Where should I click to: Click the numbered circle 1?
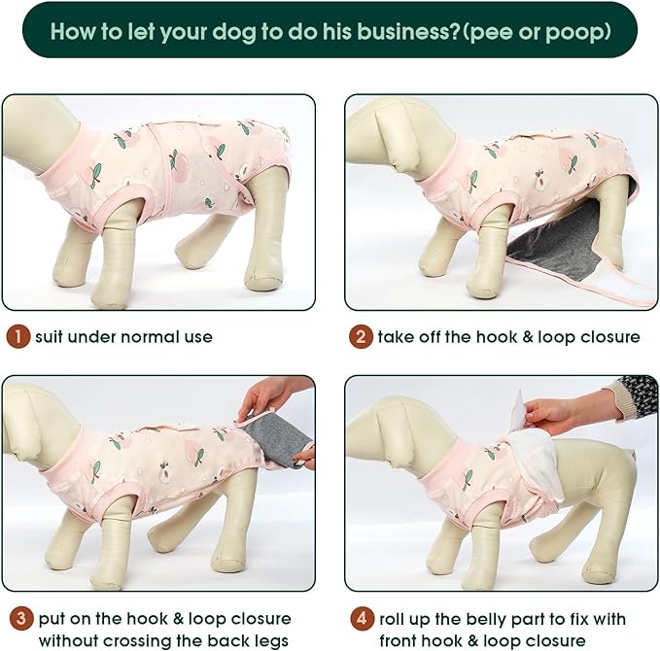(x=18, y=337)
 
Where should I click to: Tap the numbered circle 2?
(x=361, y=337)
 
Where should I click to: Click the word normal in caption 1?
(x=141, y=337)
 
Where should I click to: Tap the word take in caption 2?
(x=398, y=337)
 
